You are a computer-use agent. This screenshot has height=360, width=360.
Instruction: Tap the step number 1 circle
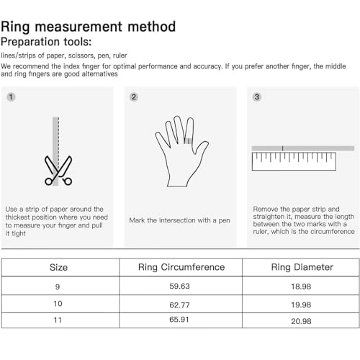click(x=11, y=96)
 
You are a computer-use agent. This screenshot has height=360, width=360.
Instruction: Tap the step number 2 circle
click(x=134, y=96)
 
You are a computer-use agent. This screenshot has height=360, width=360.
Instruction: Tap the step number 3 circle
click(x=257, y=96)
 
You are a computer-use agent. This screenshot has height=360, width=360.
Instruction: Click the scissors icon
click(x=58, y=170)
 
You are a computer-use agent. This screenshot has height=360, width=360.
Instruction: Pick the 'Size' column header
click(x=58, y=267)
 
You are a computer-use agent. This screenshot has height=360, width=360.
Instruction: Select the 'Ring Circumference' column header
click(x=181, y=267)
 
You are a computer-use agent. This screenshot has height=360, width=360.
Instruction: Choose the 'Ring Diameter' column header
click(x=302, y=267)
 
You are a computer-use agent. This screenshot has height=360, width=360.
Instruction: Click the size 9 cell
click(x=58, y=287)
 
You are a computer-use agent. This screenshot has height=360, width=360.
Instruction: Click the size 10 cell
click(x=58, y=304)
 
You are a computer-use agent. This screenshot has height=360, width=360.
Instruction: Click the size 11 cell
click(x=58, y=320)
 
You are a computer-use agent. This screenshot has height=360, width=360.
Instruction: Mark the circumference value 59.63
click(x=181, y=287)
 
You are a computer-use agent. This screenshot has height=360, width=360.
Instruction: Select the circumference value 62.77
click(x=181, y=304)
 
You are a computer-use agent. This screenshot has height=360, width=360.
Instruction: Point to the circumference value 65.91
click(x=181, y=320)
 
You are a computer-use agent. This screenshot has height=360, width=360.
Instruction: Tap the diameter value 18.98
click(x=302, y=287)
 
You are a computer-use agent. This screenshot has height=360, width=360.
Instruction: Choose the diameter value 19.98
click(x=302, y=304)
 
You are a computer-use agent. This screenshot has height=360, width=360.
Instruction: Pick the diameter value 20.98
click(x=302, y=320)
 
